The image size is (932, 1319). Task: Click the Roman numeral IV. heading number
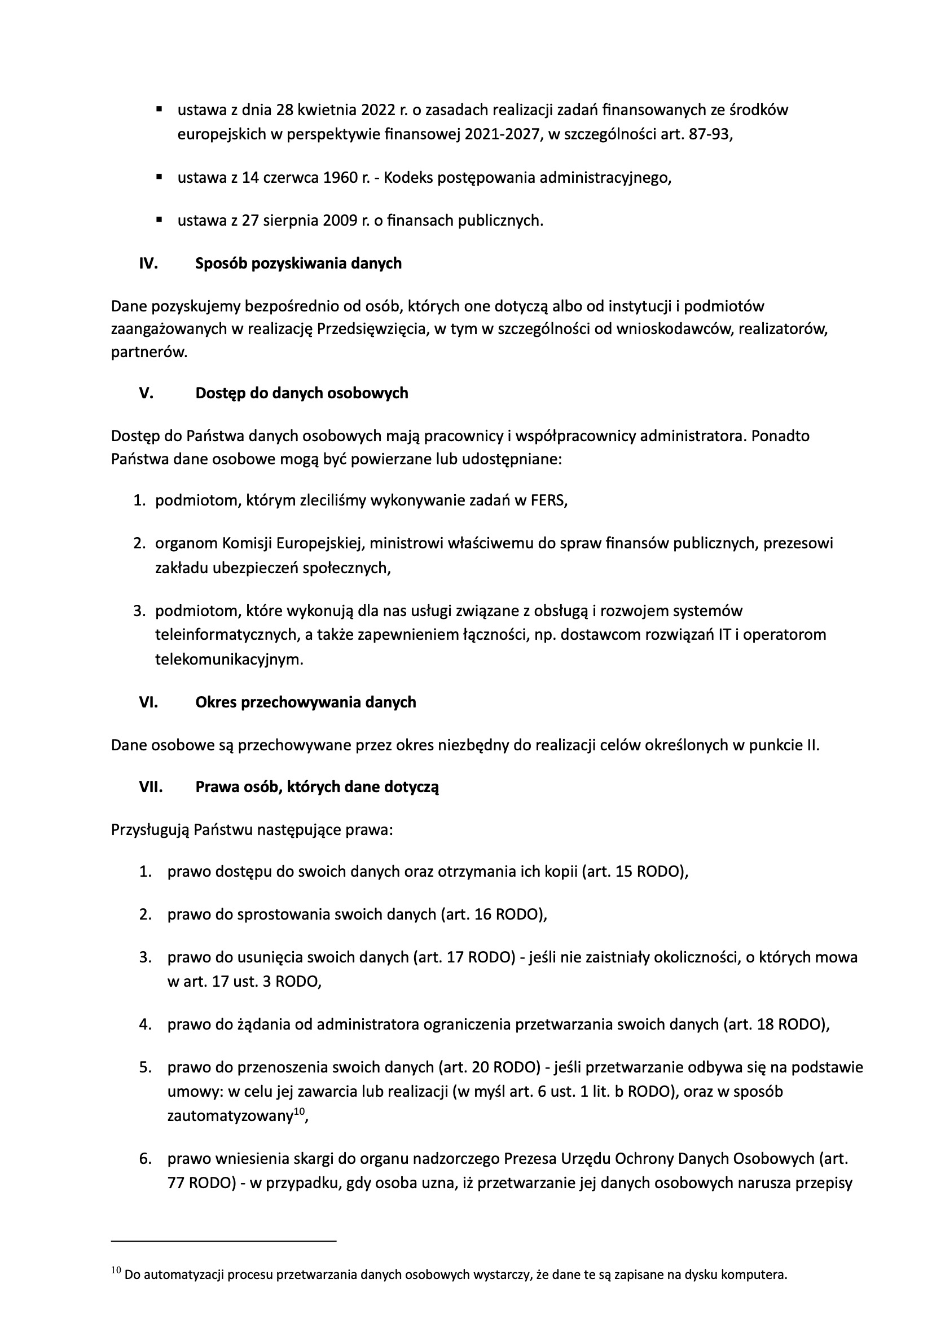[148, 263]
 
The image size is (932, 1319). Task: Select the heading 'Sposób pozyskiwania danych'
[298, 263]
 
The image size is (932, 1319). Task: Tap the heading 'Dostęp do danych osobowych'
[302, 394]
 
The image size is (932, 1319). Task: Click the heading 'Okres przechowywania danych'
[306, 702]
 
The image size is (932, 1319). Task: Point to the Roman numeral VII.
[151, 787]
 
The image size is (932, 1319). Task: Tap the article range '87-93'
[709, 134]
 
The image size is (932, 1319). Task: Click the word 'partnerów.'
[150, 353]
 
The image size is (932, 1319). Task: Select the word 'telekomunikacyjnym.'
[229, 659]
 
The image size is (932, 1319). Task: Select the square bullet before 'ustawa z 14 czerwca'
[159, 177]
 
